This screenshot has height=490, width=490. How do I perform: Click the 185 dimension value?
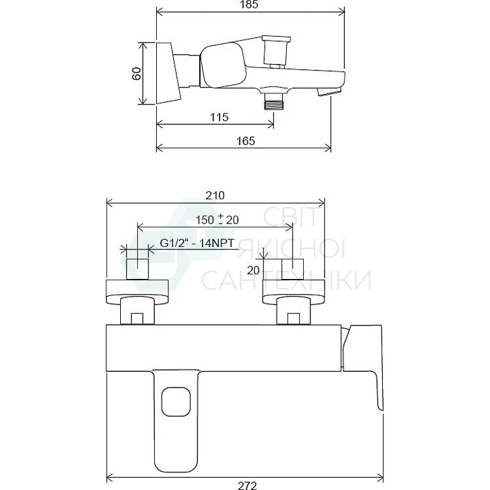(x=249, y=5)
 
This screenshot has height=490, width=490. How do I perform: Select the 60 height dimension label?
(x=137, y=74)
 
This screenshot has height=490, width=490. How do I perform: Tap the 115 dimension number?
(x=219, y=117)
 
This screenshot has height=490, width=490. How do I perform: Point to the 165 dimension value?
(x=246, y=141)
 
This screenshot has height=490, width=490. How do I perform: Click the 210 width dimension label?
(x=215, y=195)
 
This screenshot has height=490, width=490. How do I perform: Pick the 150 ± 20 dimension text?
(x=217, y=220)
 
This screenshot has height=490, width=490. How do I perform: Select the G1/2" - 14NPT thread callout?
(x=197, y=243)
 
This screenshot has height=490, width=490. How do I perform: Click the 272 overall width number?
(x=247, y=485)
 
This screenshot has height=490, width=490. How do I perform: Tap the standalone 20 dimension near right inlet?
(x=253, y=270)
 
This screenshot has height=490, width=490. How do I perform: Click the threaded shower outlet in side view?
(x=274, y=101)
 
